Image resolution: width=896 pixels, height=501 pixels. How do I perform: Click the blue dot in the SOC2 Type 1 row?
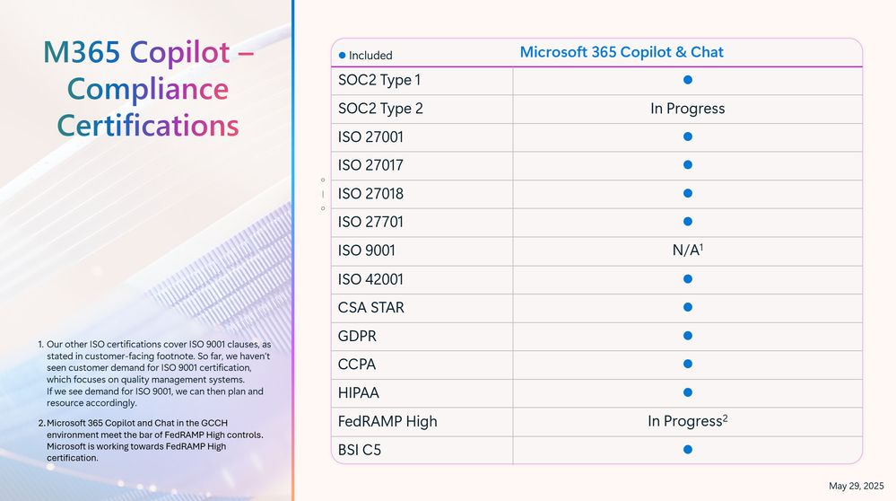click(687, 80)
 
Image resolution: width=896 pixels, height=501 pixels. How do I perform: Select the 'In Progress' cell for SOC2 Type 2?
click(687, 109)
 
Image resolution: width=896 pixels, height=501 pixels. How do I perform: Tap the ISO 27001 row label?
click(370, 137)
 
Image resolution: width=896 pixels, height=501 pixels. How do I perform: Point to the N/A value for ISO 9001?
click(687, 250)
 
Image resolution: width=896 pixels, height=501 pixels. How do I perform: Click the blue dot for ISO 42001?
click(687, 279)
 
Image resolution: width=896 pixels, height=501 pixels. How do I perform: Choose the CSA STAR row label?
click(370, 308)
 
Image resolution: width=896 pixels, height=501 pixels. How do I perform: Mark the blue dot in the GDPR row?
click(687, 336)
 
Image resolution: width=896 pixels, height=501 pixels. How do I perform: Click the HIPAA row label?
click(358, 393)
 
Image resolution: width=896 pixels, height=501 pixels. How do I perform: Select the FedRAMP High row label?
click(387, 421)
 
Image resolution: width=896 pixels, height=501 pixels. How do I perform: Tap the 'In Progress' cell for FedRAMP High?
click(687, 421)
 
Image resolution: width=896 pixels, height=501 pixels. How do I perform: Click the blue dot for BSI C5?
click(687, 450)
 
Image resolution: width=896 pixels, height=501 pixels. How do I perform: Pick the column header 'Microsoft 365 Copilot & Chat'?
click(622, 52)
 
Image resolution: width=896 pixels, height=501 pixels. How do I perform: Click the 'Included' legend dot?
click(343, 56)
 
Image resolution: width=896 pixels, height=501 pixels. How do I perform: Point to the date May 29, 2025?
click(856, 486)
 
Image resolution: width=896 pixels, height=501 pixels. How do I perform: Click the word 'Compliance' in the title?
click(147, 90)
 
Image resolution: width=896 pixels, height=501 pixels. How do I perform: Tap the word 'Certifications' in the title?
click(147, 126)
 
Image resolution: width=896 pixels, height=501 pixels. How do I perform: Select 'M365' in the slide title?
click(82, 52)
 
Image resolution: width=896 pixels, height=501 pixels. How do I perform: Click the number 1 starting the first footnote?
click(40, 345)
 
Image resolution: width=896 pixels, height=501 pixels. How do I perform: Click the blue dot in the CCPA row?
click(687, 365)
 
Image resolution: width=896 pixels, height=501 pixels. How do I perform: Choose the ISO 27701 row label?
click(370, 222)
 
